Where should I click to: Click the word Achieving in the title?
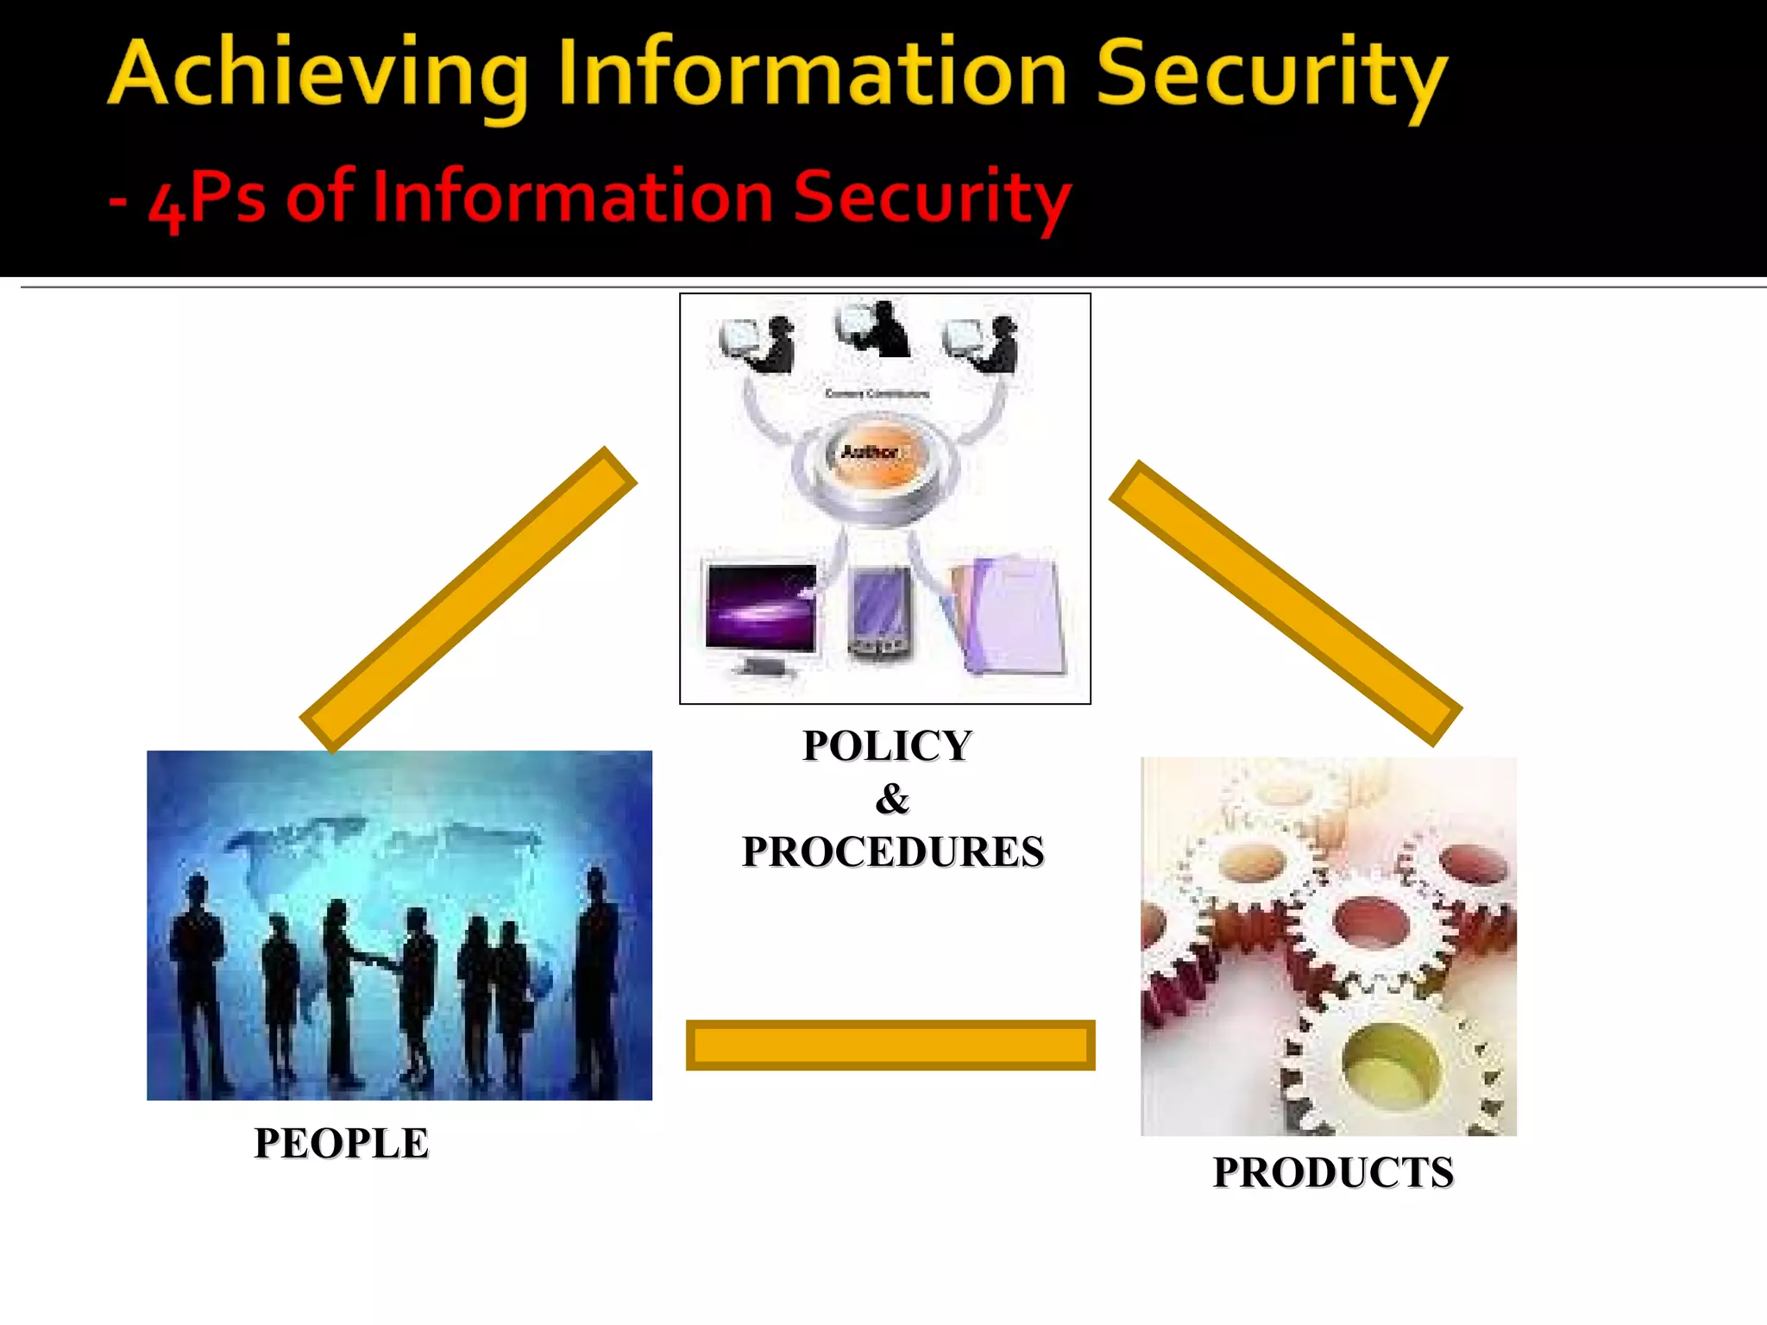pos(318,76)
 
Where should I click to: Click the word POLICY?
pos(887,746)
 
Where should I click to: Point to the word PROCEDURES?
pos(893,852)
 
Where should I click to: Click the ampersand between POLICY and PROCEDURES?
pos(892,799)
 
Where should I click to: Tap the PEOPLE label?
pos(342,1144)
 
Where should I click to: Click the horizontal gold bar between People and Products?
pos(890,1046)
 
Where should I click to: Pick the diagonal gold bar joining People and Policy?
pos(468,600)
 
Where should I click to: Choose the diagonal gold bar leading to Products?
pos(1286,603)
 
